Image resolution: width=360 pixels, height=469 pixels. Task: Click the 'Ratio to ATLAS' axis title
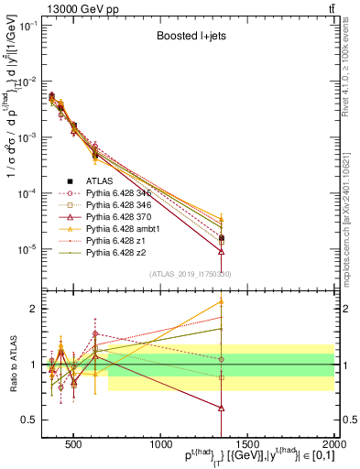(x=12, y=364)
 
